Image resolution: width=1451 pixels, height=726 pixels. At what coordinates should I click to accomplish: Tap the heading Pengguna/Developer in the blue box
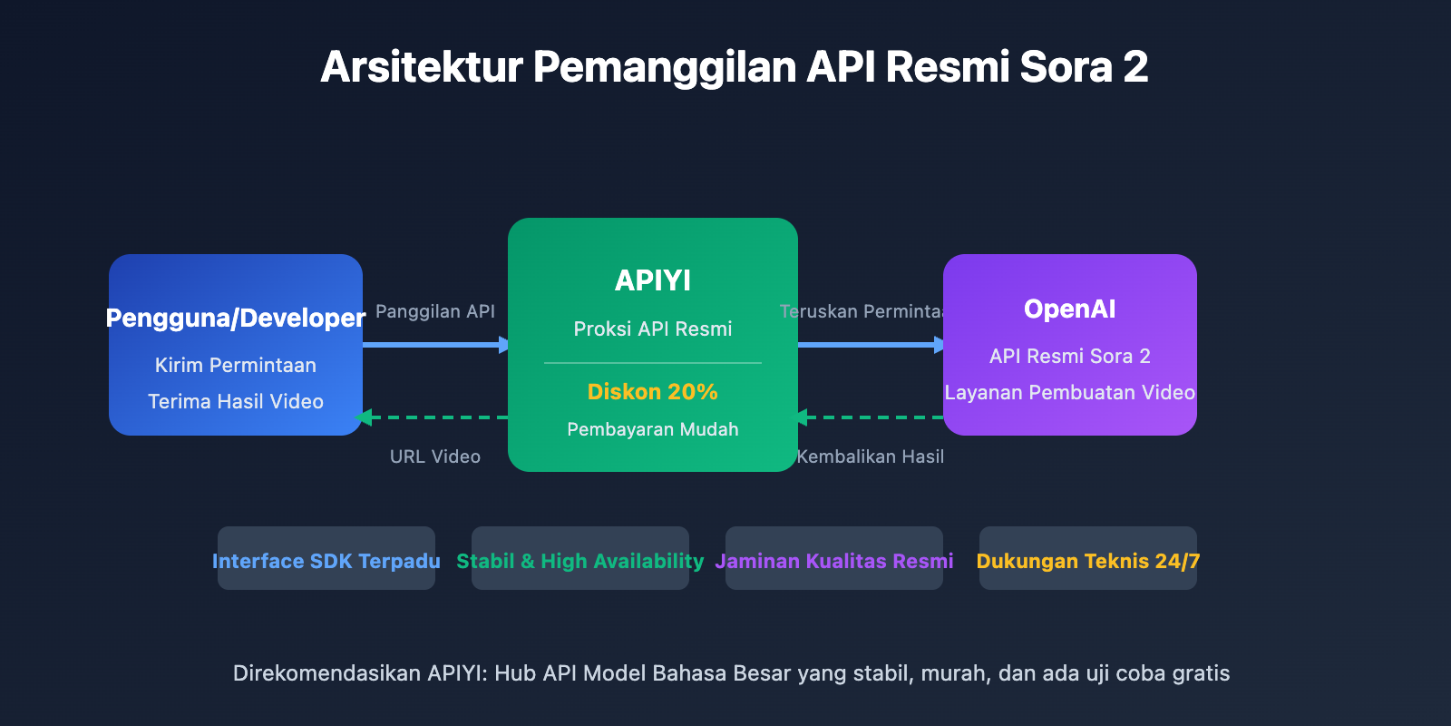[236, 318]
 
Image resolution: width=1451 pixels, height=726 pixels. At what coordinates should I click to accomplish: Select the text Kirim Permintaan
[236, 365]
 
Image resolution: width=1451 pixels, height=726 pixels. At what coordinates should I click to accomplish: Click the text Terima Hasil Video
[236, 401]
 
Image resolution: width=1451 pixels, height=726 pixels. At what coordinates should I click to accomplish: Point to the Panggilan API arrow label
[435, 311]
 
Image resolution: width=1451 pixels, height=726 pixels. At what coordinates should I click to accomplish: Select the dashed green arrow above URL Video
[435, 417]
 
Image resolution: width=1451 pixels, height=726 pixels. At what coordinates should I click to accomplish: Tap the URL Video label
[435, 456]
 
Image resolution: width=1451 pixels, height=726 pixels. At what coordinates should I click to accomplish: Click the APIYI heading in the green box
[653, 280]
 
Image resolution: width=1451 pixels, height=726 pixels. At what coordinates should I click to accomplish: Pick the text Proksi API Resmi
[653, 329]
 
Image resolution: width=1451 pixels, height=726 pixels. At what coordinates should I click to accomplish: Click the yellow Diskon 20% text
[653, 392]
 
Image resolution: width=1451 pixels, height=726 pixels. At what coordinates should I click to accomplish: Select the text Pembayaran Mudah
[653, 429]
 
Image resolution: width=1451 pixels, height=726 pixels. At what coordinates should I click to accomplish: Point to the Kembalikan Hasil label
[871, 456]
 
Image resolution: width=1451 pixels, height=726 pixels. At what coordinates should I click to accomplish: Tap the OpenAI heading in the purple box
[1070, 309]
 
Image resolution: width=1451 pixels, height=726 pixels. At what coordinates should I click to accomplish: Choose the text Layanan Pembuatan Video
[1070, 392]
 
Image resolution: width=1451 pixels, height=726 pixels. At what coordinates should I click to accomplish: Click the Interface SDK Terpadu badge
[326, 561]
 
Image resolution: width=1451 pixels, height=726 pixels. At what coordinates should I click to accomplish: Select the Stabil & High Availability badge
[580, 561]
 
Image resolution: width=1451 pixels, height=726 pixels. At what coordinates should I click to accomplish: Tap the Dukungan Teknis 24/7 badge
[1088, 561]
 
